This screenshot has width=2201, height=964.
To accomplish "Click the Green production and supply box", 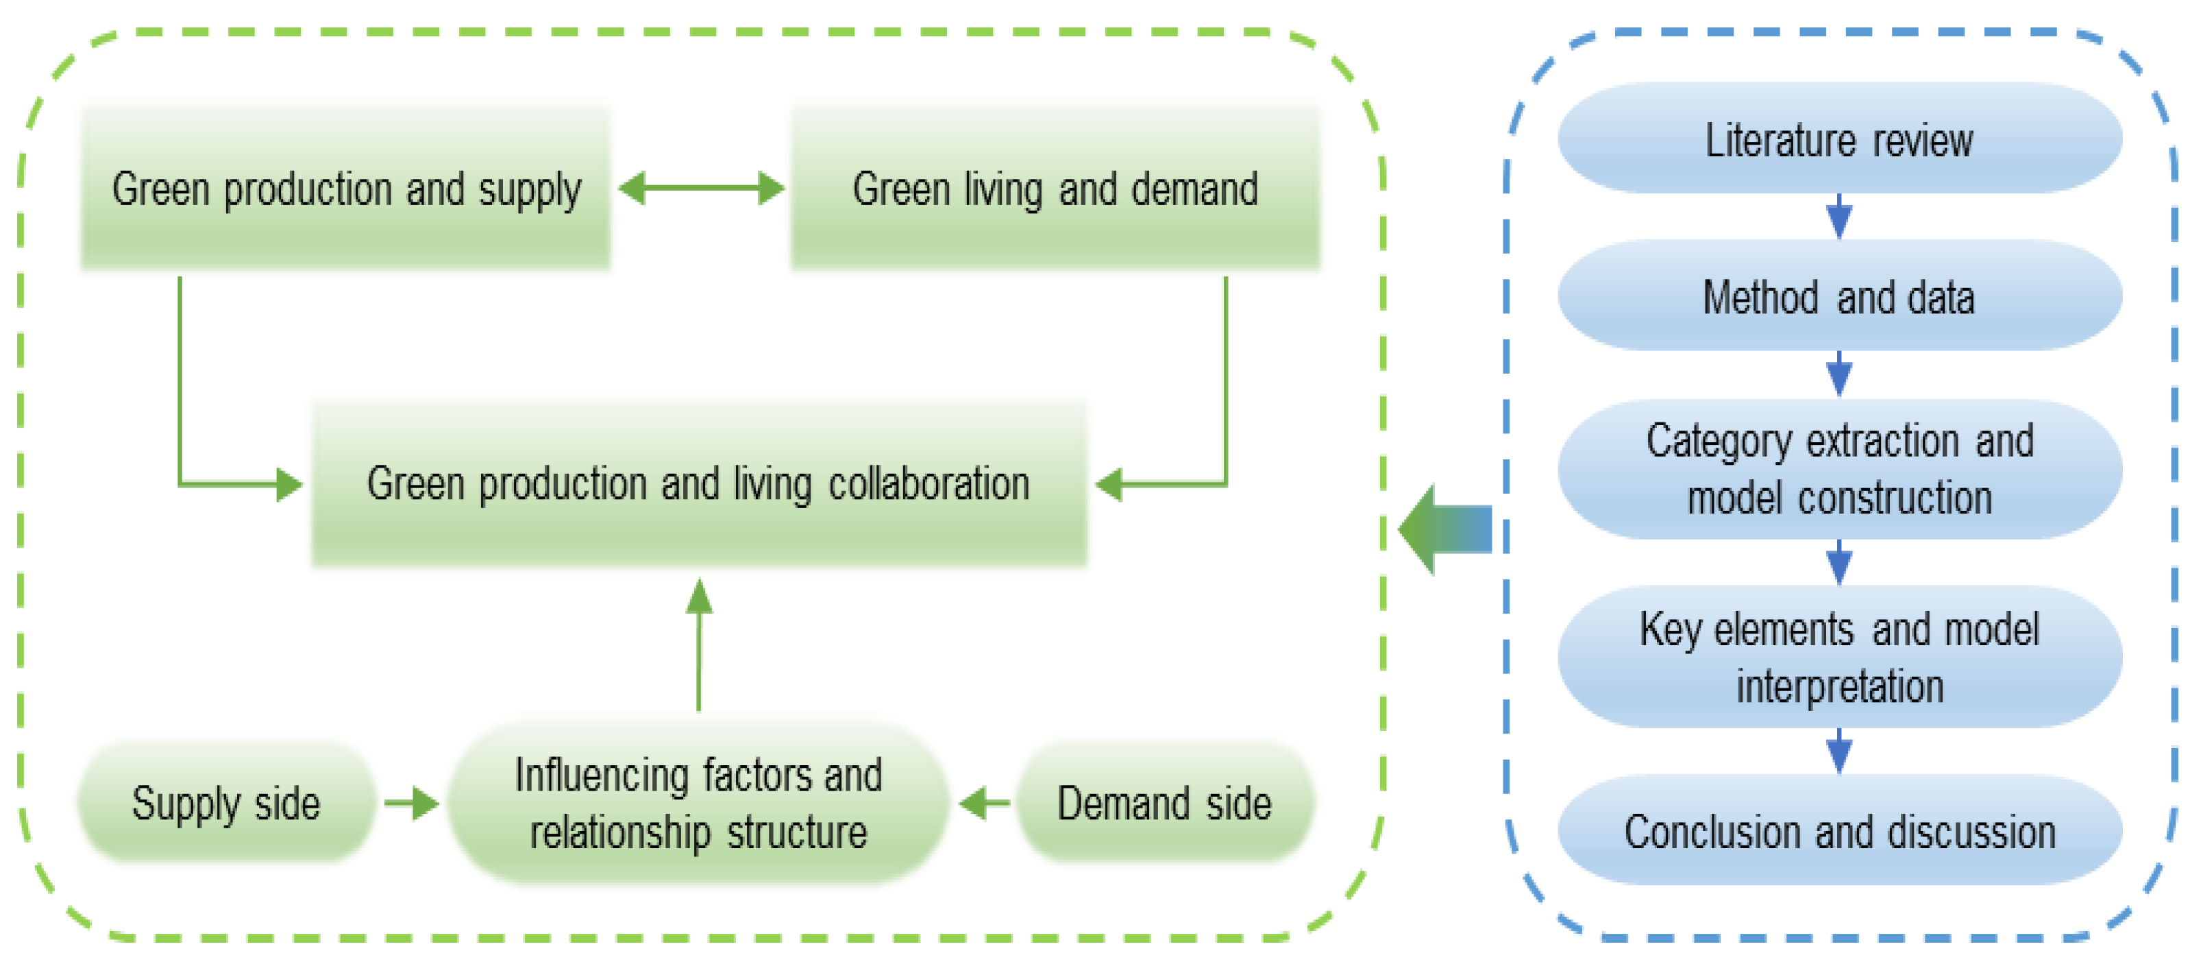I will (345, 188).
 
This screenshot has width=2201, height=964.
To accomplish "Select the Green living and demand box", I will (1055, 188).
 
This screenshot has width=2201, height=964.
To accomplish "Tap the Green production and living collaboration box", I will (699, 483).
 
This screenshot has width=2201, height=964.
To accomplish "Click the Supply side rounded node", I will (226, 804).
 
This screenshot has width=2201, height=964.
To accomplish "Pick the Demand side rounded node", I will (1164, 804).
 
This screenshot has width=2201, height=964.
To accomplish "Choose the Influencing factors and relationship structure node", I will (699, 804).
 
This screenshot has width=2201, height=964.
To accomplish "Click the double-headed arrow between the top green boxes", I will (700, 188).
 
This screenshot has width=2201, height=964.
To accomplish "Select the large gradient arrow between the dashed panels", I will (1446, 530).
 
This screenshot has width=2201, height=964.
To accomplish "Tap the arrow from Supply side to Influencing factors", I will (412, 804).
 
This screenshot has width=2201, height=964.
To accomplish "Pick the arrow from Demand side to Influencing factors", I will (984, 804).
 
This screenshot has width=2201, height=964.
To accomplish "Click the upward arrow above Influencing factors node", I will (699, 645).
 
